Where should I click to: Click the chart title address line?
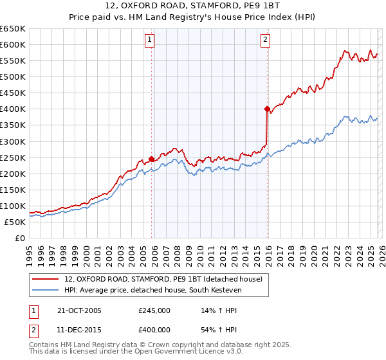(193, 6)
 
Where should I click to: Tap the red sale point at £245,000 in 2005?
(152, 159)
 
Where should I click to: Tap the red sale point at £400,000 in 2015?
(266, 109)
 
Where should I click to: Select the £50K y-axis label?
(15, 222)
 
